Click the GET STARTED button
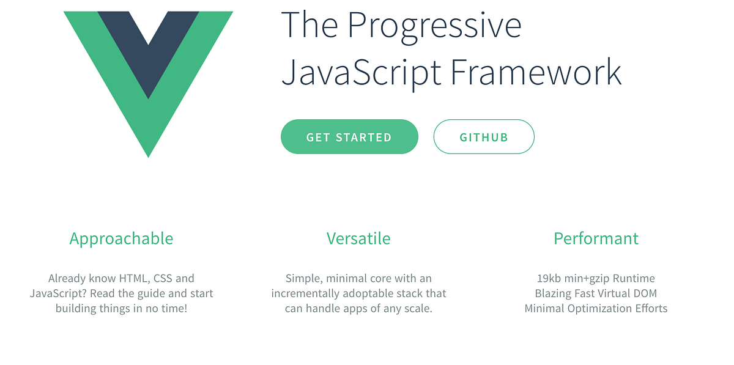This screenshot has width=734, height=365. [349, 137]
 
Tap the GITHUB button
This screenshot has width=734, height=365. [484, 137]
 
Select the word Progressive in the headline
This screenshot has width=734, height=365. [434, 26]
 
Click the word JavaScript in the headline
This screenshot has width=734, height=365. [361, 72]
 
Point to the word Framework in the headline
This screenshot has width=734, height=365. [536, 72]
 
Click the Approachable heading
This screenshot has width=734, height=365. [121, 238]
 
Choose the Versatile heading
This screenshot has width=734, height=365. [358, 238]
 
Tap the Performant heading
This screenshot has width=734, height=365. [596, 238]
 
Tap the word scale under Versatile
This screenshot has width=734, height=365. [418, 309]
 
